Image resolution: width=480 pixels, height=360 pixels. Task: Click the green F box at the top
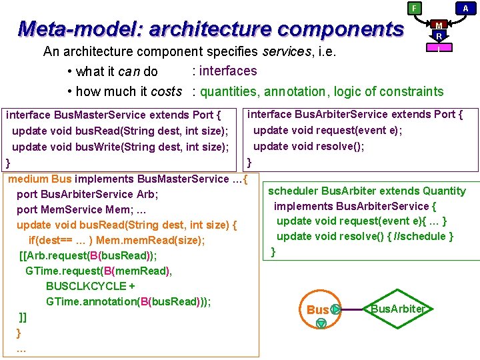[x=415, y=8]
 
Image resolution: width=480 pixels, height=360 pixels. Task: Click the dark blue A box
[x=465, y=8]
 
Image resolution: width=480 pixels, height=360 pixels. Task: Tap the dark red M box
[x=439, y=25]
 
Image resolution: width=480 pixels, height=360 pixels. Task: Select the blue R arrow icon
[x=439, y=36]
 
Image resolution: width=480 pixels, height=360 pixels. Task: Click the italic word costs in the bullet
[x=167, y=91]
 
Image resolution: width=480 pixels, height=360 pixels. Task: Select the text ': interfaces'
[x=224, y=71]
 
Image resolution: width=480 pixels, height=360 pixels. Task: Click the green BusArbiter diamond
[x=398, y=309]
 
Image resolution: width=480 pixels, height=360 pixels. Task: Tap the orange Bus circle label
[x=317, y=310]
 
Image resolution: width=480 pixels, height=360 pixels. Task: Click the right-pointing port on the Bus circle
[x=335, y=309]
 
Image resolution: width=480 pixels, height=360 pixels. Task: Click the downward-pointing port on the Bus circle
[x=321, y=323]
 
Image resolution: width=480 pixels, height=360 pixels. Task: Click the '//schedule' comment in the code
[x=428, y=236]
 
